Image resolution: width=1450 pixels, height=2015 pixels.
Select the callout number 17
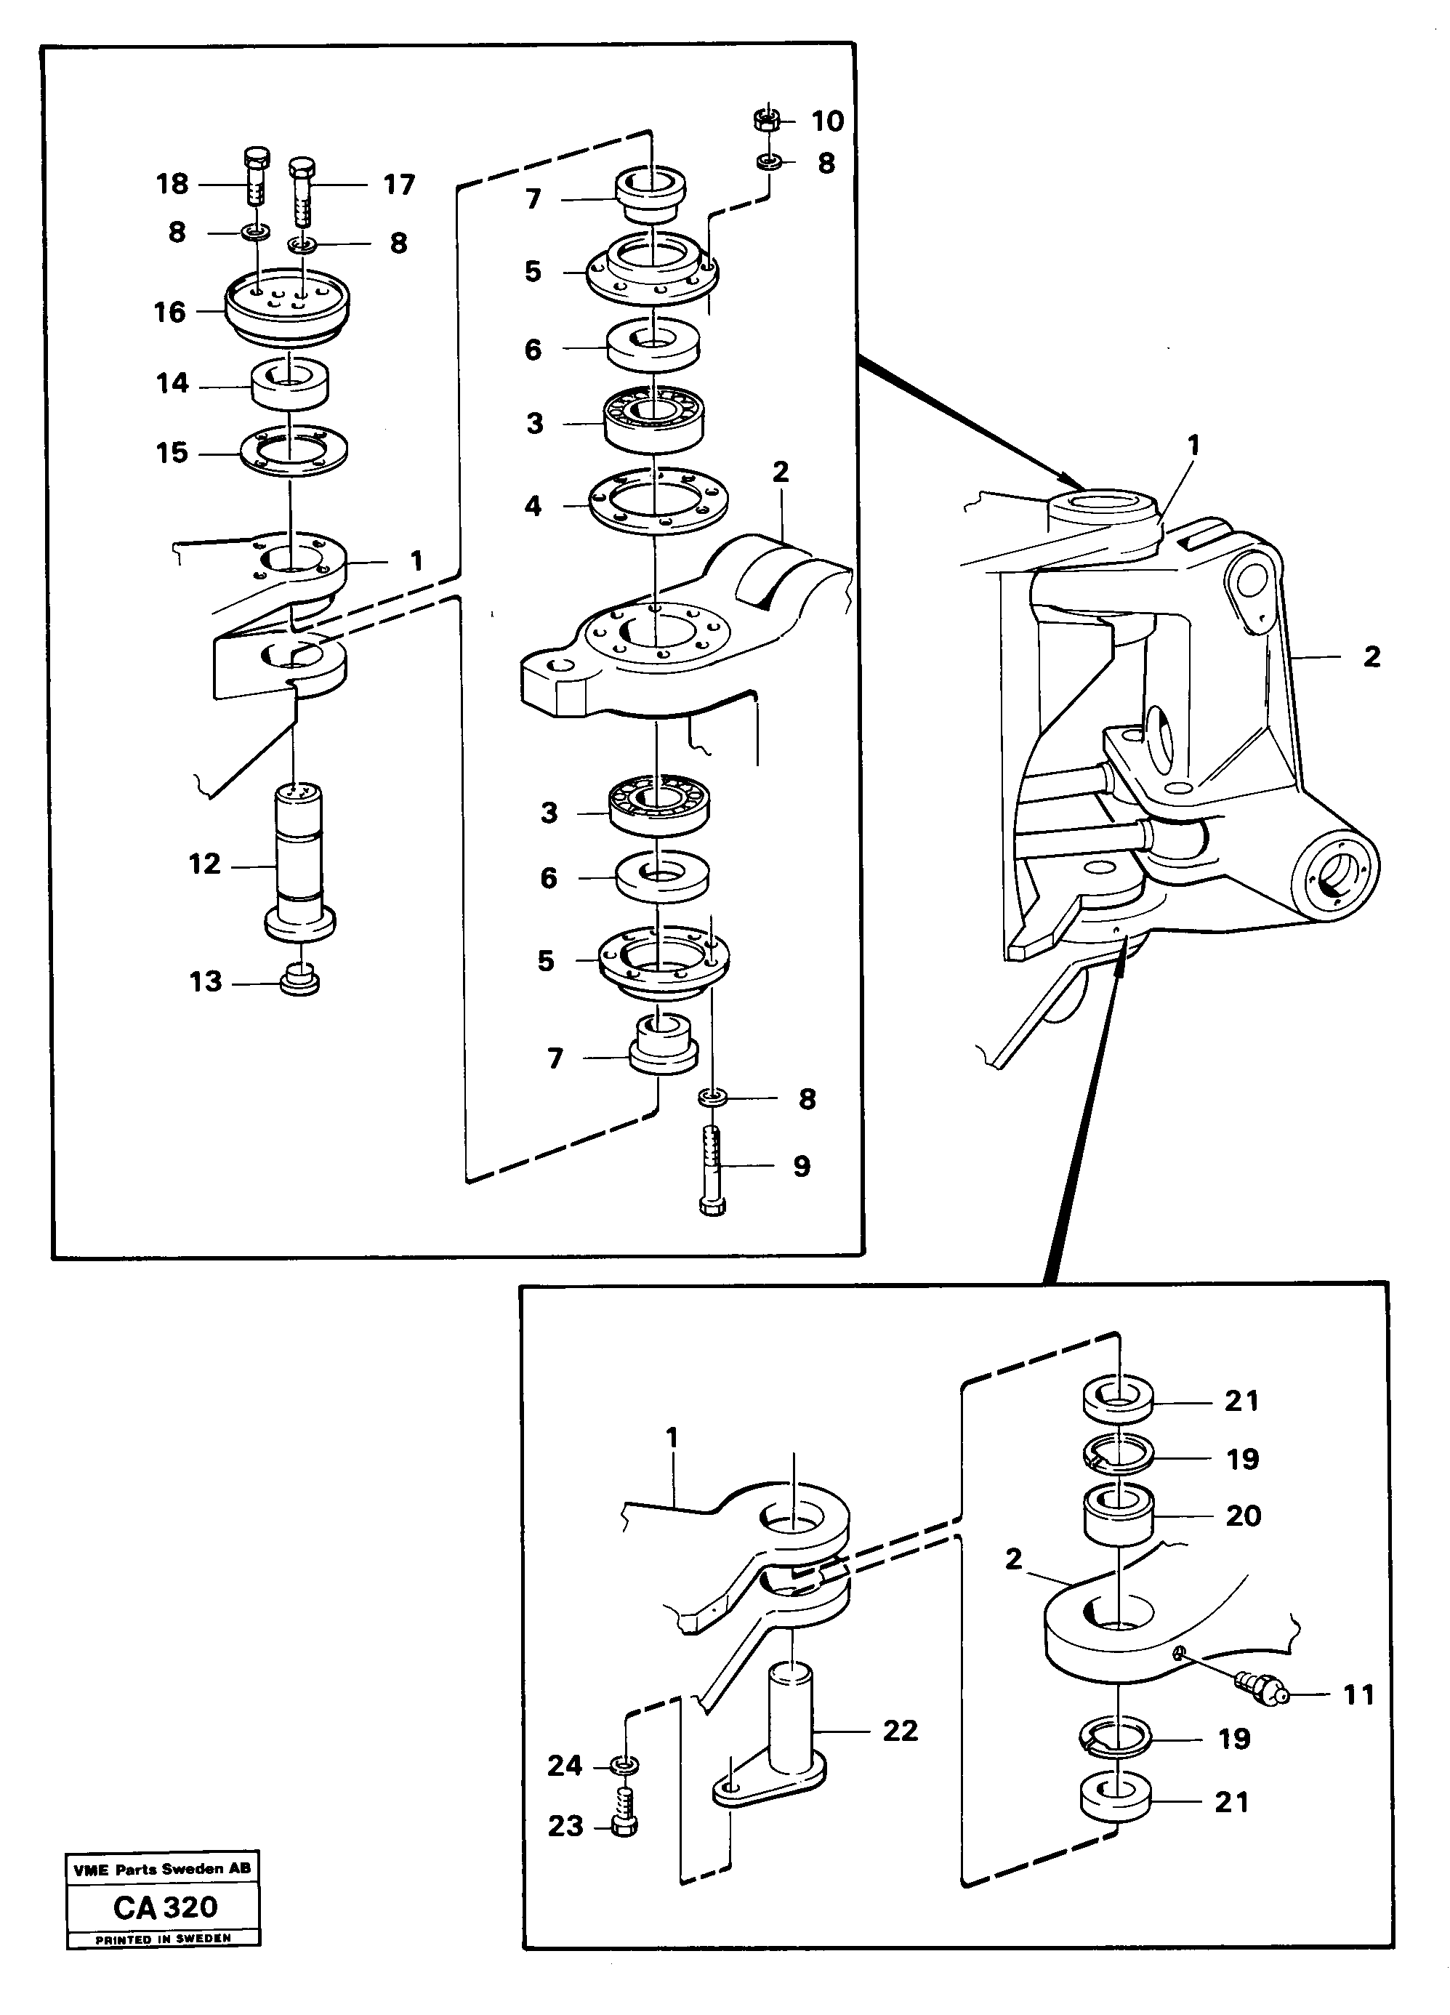pyautogui.click(x=399, y=185)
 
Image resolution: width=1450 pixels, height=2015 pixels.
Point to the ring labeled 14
pyautogui.click(x=290, y=384)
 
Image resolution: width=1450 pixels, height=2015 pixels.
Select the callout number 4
pyautogui.click(x=532, y=507)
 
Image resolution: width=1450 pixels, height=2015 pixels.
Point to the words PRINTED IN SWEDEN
pyautogui.click(x=164, y=1938)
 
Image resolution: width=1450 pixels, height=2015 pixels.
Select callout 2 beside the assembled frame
pyautogui.click(x=1371, y=656)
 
